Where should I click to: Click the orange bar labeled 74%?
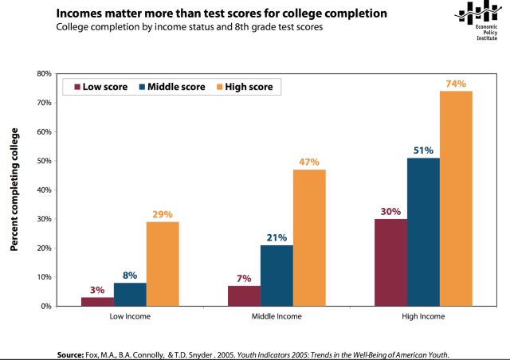coord(456,198)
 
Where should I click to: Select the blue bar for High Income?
coord(423,232)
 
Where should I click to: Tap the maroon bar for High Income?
coord(390,262)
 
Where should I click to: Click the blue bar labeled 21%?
coord(277,276)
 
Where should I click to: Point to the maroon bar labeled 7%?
coord(244,295)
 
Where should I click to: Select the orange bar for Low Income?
coord(163,264)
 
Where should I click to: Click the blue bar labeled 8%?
coord(130,294)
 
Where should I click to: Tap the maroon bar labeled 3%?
coord(97,301)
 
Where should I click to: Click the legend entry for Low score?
coord(101,87)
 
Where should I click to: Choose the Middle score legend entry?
coord(171,87)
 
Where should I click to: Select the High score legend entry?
coord(244,87)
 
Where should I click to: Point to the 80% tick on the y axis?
coord(44,73)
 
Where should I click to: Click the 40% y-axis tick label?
coord(44,190)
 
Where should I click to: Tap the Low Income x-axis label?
coord(130,317)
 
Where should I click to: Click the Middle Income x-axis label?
coord(277,317)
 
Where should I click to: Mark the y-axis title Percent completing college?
coord(14,189)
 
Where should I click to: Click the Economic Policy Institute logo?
coord(484,20)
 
